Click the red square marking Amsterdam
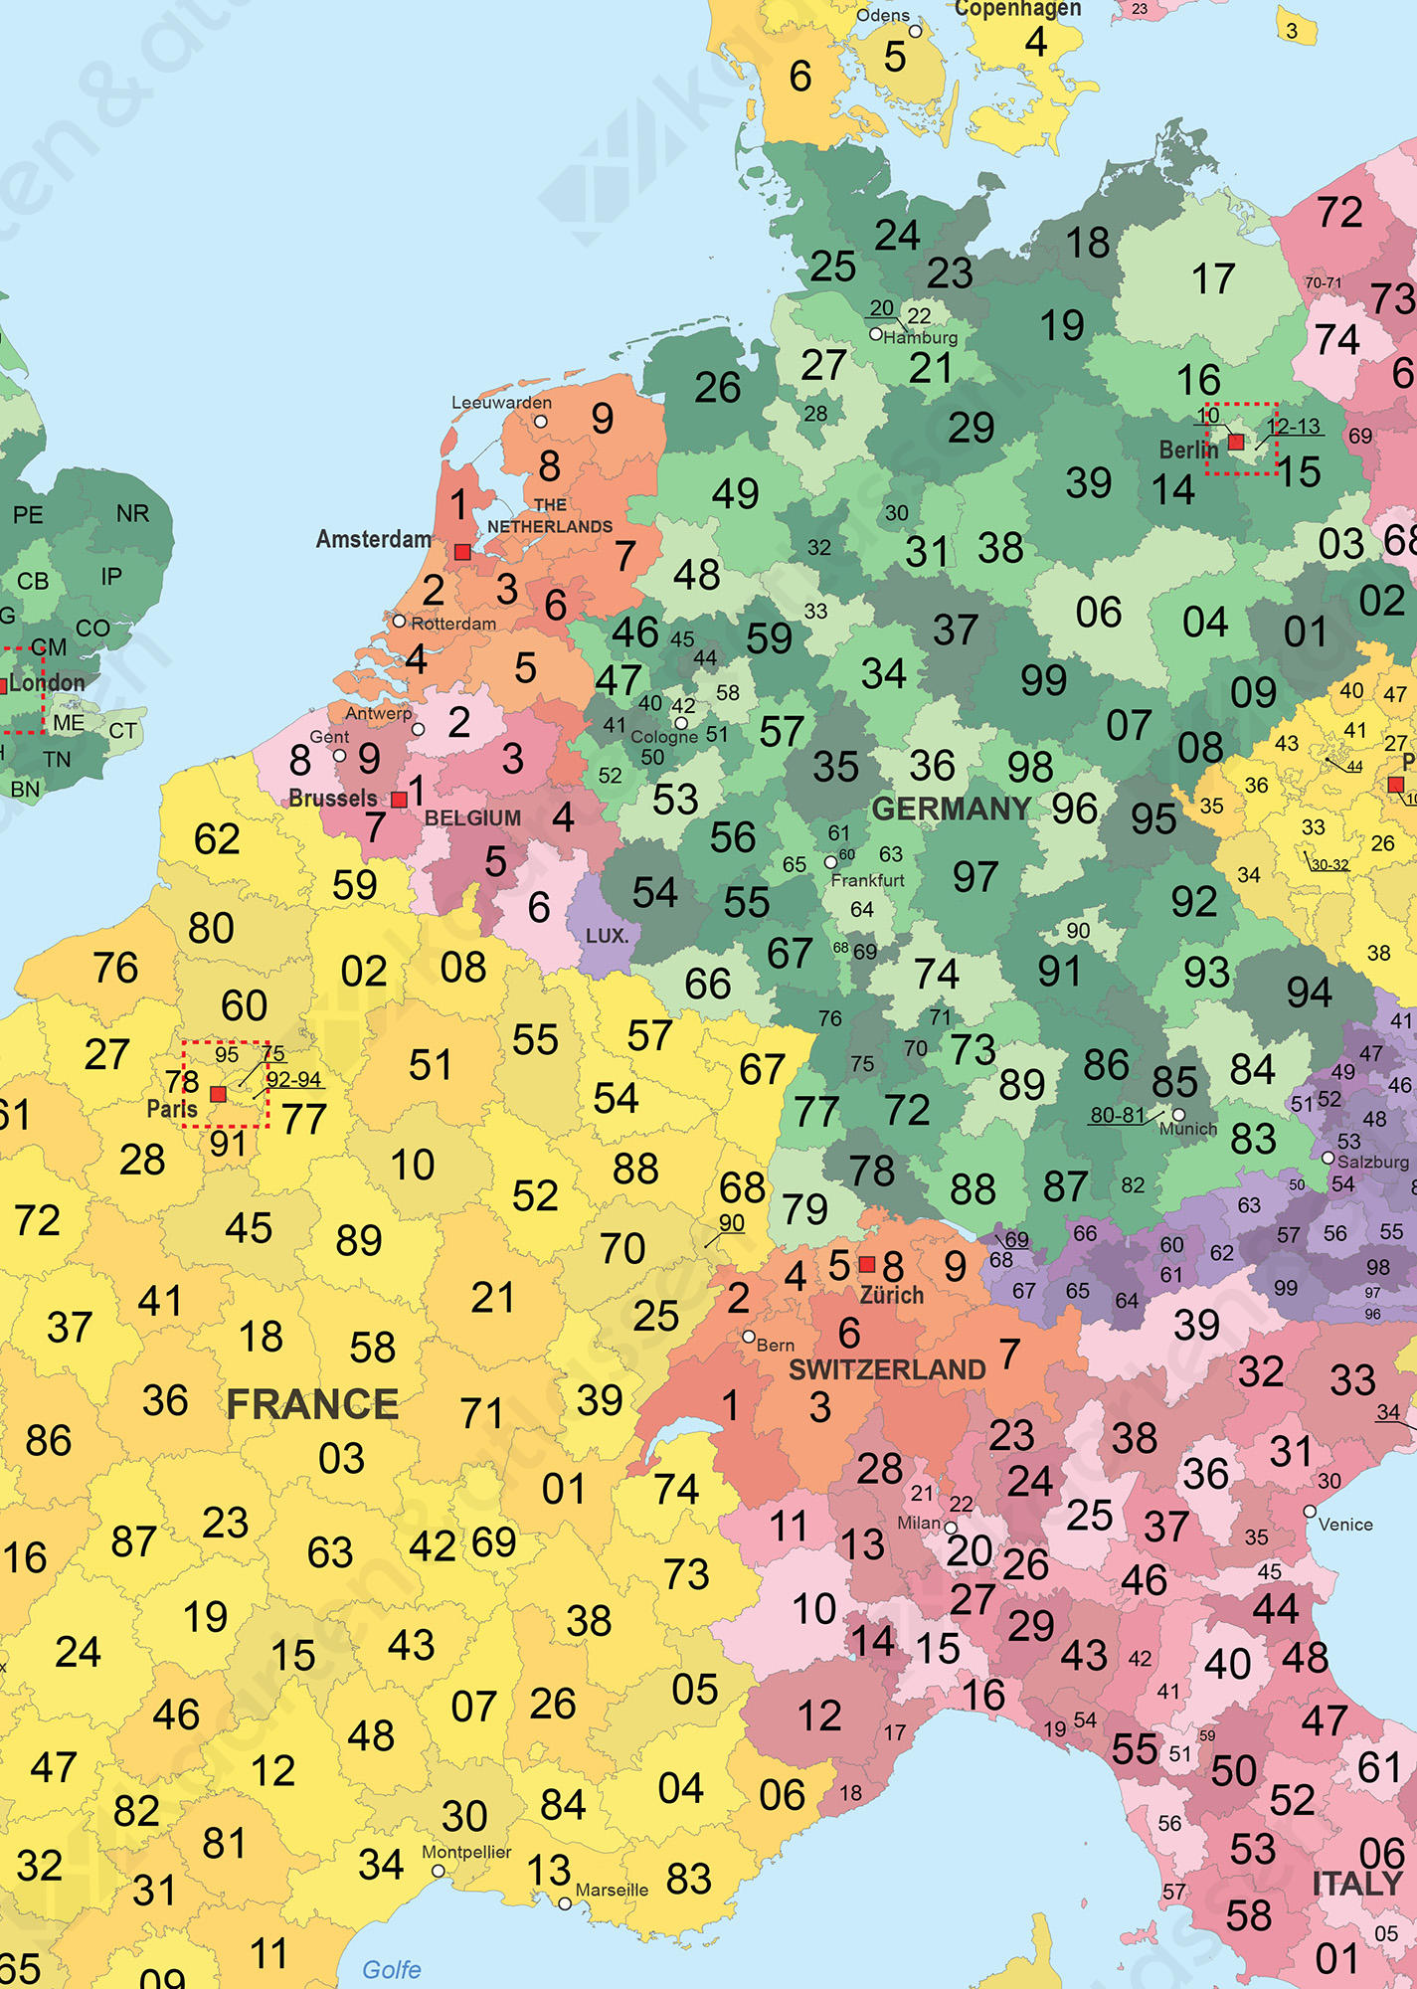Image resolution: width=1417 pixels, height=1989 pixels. pyautogui.click(x=462, y=551)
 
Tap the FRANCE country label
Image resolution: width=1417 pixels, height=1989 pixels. pyautogui.click(x=312, y=1404)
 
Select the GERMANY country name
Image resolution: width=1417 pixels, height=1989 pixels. pyautogui.click(x=951, y=809)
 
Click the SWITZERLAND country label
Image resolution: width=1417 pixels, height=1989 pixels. pyautogui.click(x=886, y=1369)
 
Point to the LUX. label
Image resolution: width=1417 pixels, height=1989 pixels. pyautogui.click(x=607, y=936)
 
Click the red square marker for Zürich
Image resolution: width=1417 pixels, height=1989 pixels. pyautogui.click(x=867, y=1264)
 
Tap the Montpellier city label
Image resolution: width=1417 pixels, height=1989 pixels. pyautogui.click(x=466, y=1852)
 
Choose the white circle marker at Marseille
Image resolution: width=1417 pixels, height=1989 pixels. pyautogui.click(x=565, y=1903)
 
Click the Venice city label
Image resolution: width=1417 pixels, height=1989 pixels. pyautogui.click(x=1344, y=1525)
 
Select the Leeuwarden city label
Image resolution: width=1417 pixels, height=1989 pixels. pyautogui.click(x=501, y=403)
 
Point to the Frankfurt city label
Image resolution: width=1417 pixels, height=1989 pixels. pyautogui.click(x=867, y=880)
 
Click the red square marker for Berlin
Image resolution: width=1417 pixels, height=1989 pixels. pyautogui.click(x=1236, y=442)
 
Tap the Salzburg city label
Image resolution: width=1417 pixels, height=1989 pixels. pyautogui.click(x=1374, y=1162)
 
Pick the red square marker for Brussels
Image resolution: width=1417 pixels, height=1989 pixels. pyautogui.click(x=399, y=800)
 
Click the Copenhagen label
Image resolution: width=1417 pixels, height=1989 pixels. pyautogui.click(x=1016, y=9)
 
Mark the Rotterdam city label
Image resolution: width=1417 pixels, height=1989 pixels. pyautogui.click(x=453, y=624)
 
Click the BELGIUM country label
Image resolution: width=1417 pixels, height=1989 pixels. pyautogui.click(x=472, y=817)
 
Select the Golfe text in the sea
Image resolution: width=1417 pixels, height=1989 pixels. pyautogui.click(x=391, y=1969)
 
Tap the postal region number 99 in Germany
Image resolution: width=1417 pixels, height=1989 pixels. pyautogui.click(x=1043, y=680)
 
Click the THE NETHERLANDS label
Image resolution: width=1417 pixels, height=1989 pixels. pyautogui.click(x=550, y=516)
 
